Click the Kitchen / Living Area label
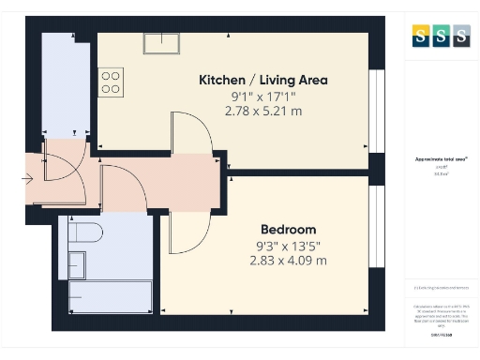click(262, 80)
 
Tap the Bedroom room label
click(288, 229)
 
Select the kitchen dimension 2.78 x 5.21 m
click(262, 111)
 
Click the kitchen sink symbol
click(162, 43)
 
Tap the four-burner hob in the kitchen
click(111, 82)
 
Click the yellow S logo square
click(421, 37)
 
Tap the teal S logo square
click(441, 37)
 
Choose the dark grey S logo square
click(460, 37)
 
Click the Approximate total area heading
click(441, 159)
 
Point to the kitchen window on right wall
click(376, 111)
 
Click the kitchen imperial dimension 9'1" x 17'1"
click(262, 96)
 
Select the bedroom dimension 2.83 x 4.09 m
click(288, 260)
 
